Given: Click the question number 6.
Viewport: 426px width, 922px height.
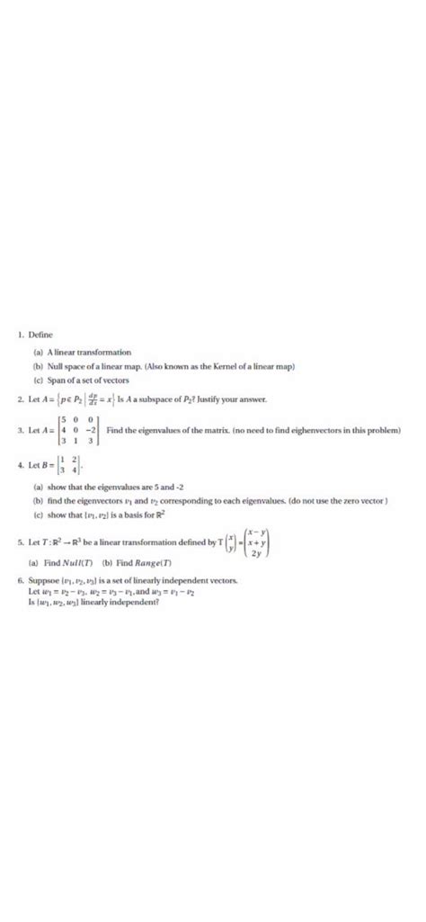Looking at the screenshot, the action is tap(21, 582).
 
